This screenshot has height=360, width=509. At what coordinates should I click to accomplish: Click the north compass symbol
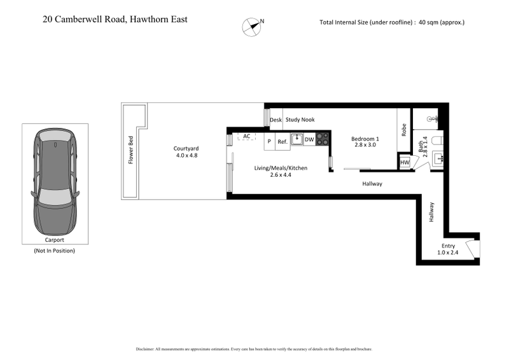pos(251,25)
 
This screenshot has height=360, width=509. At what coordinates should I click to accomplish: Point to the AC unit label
pos(246,136)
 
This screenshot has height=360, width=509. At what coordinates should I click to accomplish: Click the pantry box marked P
pos(269,141)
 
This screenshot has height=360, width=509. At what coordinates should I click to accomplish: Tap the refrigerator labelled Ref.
pos(282,141)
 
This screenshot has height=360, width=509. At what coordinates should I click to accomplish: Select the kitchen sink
pos(297,139)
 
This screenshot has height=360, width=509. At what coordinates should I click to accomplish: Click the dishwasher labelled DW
pos(309,140)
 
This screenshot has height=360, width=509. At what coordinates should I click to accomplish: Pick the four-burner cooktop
pos(323,139)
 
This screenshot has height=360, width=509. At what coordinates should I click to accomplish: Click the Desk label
pos(275,120)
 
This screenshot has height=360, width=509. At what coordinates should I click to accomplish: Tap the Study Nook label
pos(300,120)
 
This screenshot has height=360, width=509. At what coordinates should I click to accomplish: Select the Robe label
pos(404,130)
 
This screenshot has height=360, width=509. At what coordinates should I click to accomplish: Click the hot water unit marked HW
pos(405,163)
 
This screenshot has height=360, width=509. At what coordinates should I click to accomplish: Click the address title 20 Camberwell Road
pos(115,20)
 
